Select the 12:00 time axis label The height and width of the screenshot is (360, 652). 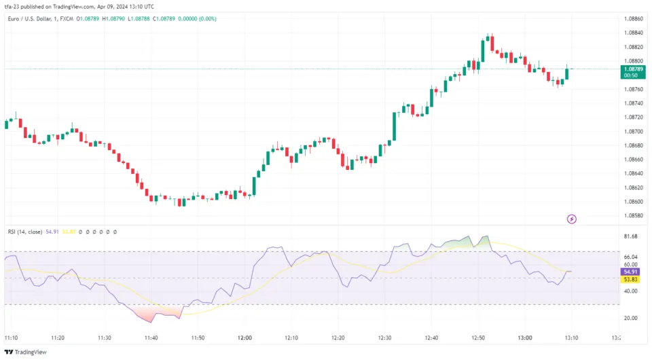(244, 338)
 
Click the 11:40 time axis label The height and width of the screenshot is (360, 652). (151, 338)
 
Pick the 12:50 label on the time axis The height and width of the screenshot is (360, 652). (478, 338)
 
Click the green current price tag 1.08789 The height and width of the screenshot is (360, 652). (633, 69)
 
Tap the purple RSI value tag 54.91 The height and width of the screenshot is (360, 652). (631, 271)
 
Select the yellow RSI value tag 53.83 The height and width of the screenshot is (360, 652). (631, 279)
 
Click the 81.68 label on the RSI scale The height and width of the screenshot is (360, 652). (630, 236)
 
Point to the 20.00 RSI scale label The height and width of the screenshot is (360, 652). (630, 318)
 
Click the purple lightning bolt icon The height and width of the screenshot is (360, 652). (572, 219)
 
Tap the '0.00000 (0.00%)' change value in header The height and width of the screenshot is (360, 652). (196, 18)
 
